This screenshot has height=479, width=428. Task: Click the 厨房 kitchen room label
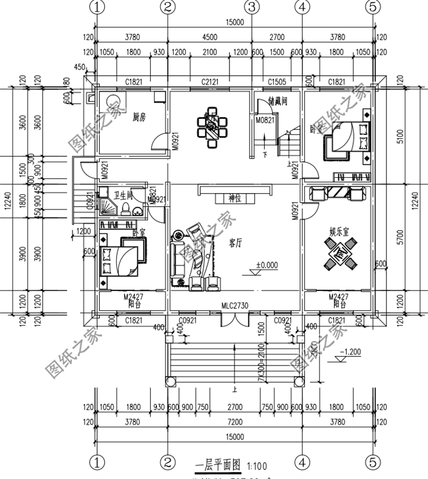point(139,117)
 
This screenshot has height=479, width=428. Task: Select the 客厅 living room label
point(235,242)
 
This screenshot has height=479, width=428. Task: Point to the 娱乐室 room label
point(339,232)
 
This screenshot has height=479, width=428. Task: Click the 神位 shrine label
point(235,198)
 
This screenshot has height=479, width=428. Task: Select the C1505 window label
point(277,83)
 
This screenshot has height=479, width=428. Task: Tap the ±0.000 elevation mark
point(266,265)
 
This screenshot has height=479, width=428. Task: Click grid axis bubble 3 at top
point(251,7)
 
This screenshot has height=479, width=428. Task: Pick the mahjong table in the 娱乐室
point(339,252)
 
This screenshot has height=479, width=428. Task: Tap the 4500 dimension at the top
point(209,38)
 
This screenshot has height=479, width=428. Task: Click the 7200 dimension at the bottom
point(234,422)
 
